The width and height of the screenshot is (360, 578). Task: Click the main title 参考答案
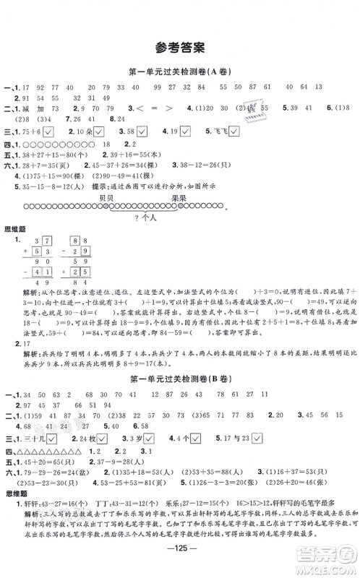179,48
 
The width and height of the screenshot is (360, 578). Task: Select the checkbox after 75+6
48,132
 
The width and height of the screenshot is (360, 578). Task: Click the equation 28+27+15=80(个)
48,154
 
